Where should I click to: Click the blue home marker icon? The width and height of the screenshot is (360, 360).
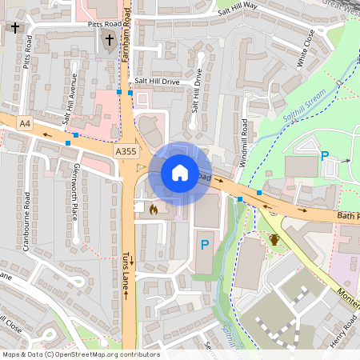[x=180, y=172]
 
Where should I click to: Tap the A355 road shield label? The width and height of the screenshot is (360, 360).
[x=126, y=150]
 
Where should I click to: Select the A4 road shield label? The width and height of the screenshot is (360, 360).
[x=25, y=123]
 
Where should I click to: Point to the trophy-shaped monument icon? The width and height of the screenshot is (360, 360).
[x=274, y=239]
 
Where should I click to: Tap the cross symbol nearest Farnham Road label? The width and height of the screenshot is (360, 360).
[x=110, y=41]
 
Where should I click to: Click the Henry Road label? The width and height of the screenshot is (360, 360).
[x=340, y=330]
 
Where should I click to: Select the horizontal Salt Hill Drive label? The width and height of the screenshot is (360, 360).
[x=158, y=82]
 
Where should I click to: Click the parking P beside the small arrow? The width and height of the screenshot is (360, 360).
[x=325, y=157]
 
